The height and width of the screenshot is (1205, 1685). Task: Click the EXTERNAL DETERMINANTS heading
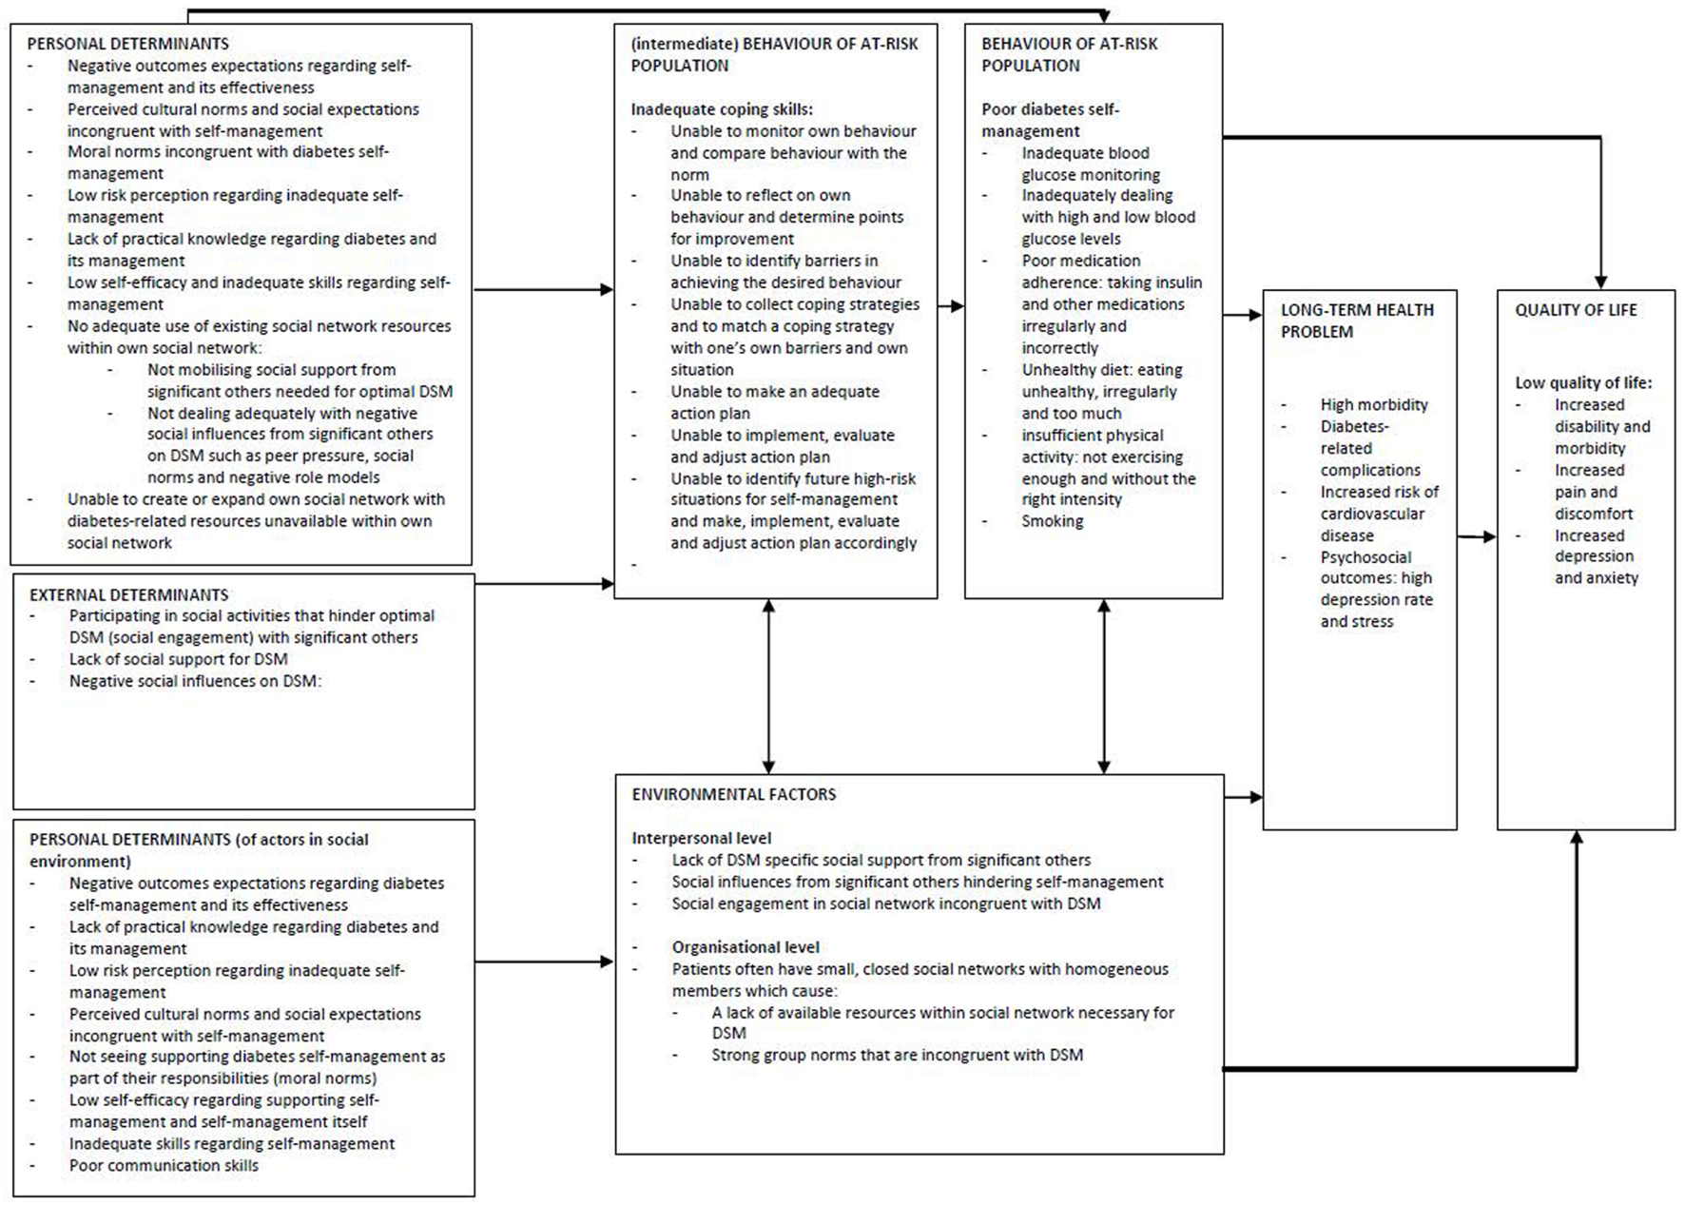(x=128, y=595)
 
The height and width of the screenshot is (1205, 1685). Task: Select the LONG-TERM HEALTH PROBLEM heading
(x=1356, y=321)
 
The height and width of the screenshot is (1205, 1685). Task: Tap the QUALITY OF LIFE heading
(x=1576, y=310)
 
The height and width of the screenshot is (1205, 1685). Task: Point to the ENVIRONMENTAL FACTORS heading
(x=733, y=794)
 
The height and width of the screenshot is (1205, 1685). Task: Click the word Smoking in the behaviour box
(x=1052, y=521)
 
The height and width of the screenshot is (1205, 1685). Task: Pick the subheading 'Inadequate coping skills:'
(x=722, y=109)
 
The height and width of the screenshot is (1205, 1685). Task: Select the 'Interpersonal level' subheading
(x=701, y=838)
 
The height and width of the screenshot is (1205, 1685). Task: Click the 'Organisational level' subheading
(x=745, y=947)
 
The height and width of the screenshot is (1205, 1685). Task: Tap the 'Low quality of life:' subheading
(x=1583, y=382)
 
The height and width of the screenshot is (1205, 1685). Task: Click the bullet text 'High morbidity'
(x=1373, y=405)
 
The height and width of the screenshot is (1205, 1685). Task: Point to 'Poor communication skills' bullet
(x=164, y=1166)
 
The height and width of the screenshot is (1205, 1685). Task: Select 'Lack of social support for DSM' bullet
(x=178, y=659)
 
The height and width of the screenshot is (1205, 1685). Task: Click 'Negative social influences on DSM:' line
(x=195, y=681)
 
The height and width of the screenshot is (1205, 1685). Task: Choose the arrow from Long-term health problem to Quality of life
(x=1477, y=537)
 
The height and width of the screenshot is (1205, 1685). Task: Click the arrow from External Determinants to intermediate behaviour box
(x=544, y=583)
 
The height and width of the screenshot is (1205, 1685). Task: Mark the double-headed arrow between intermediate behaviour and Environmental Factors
(x=768, y=686)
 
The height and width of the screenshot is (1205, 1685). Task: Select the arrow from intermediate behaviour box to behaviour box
(x=951, y=305)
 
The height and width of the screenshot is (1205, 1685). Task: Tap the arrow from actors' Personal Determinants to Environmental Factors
(x=544, y=962)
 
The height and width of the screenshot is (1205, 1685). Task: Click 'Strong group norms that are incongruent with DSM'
(x=897, y=1055)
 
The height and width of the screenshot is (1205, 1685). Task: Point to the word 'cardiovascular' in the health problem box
(x=1372, y=514)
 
